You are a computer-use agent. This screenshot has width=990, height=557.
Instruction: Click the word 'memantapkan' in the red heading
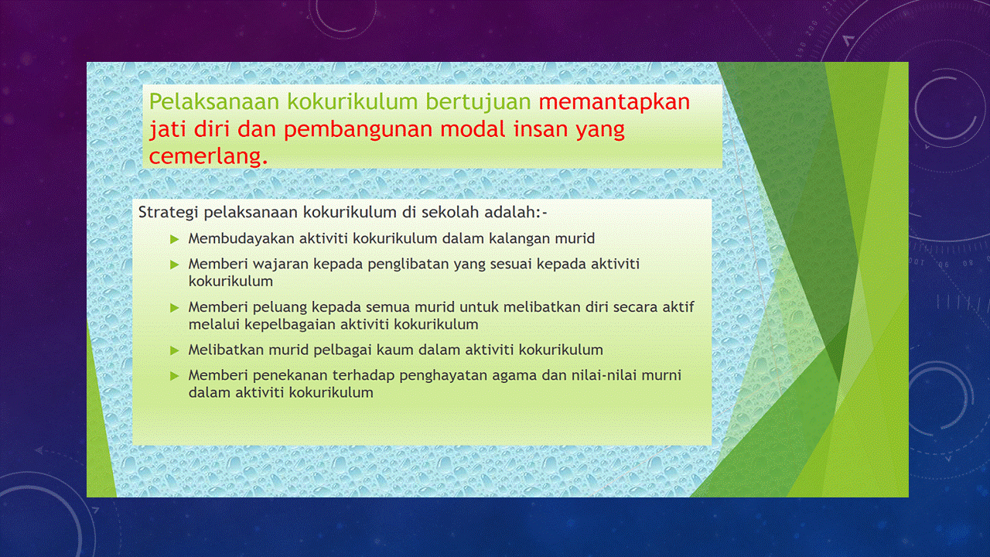coord(614,102)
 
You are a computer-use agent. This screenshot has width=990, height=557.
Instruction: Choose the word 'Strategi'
coord(167,212)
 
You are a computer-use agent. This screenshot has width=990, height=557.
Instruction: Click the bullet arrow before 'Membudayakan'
coord(175,239)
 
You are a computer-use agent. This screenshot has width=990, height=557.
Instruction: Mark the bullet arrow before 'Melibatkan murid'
coord(175,350)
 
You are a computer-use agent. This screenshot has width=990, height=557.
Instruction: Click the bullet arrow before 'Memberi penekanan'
coord(175,376)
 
